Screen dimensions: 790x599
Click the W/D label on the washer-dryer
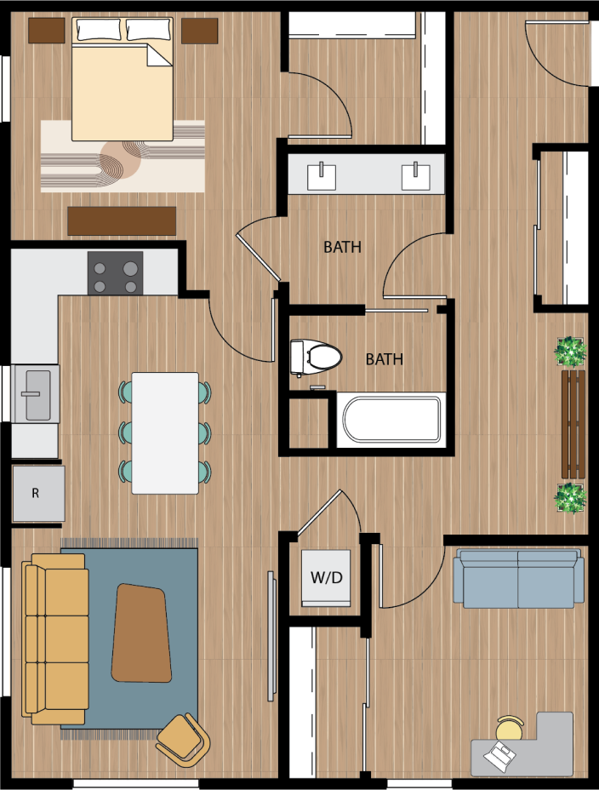point(326,578)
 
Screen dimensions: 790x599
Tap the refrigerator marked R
point(38,494)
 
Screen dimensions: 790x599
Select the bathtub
point(391,419)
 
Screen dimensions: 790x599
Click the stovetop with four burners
point(115,274)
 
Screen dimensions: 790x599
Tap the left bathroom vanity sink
point(322,175)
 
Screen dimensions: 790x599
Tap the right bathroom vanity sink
point(415,175)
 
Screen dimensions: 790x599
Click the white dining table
point(165,432)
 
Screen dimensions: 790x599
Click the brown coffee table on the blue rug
point(142,633)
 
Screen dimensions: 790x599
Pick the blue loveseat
point(518,579)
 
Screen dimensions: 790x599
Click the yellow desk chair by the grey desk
point(510,730)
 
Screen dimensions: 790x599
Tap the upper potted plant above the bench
point(569,351)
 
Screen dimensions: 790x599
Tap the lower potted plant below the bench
point(569,497)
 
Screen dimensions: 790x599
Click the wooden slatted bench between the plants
point(573,424)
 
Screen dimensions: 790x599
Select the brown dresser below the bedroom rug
point(122,220)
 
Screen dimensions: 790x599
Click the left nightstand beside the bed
point(47,31)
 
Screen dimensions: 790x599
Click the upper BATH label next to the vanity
point(342,248)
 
